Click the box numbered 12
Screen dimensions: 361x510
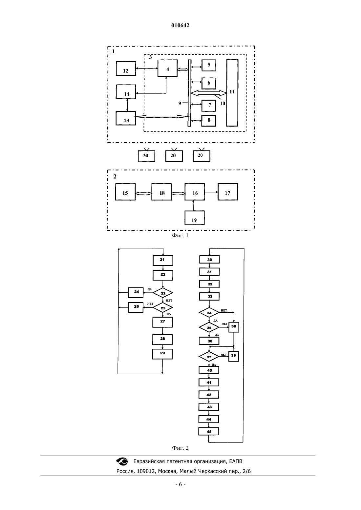point(126,68)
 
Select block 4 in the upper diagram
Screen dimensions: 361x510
point(167,68)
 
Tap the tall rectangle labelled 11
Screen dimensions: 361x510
point(232,93)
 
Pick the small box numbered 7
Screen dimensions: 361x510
point(209,106)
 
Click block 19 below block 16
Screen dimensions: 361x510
point(194,218)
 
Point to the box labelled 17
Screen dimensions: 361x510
point(228,192)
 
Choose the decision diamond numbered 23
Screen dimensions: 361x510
point(163,293)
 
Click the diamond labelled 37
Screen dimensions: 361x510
point(209,357)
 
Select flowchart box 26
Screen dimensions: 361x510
point(136,307)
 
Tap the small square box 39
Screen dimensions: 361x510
point(234,356)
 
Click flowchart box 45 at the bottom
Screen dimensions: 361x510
point(208,431)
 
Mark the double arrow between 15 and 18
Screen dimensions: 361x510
point(144,193)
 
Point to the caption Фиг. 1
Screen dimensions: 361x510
point(180,236)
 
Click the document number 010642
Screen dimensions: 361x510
point(180,25)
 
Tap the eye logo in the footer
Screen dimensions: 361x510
point(122,461)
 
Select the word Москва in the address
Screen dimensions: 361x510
point(167,471)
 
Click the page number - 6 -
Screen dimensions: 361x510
point(180,484)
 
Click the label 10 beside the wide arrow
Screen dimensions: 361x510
point(223,104)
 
